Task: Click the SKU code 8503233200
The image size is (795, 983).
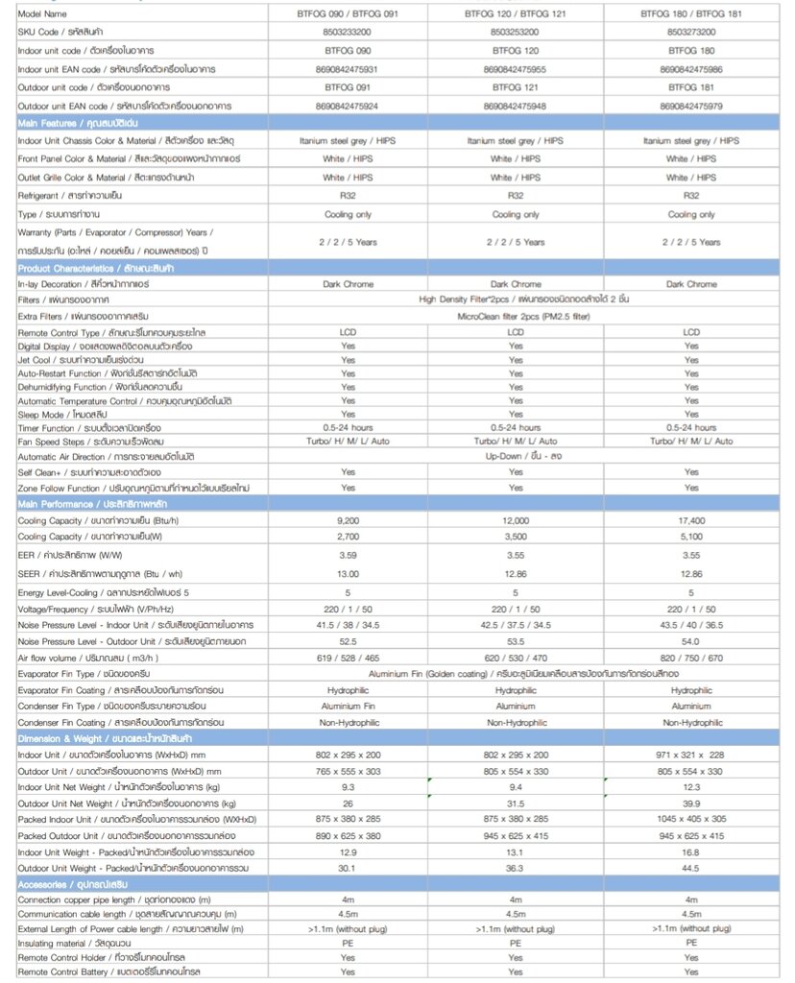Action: (x=348, y=32)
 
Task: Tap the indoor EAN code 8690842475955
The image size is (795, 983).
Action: (x=516, y=68)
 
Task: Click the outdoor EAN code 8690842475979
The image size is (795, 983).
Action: (x=691, y=105)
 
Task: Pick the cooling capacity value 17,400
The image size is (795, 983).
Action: (x=691, y=519)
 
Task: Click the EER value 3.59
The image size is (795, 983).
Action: (x=348, y=554)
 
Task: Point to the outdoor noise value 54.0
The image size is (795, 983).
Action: (x=691, y=640)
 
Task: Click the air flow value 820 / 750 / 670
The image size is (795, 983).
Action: (x=691, y=658)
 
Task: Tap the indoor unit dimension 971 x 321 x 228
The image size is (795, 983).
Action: (x=691, y=755)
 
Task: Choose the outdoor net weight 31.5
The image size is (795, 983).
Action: (x=516, y=803)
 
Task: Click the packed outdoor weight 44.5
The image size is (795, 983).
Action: (x=691, y=867)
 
